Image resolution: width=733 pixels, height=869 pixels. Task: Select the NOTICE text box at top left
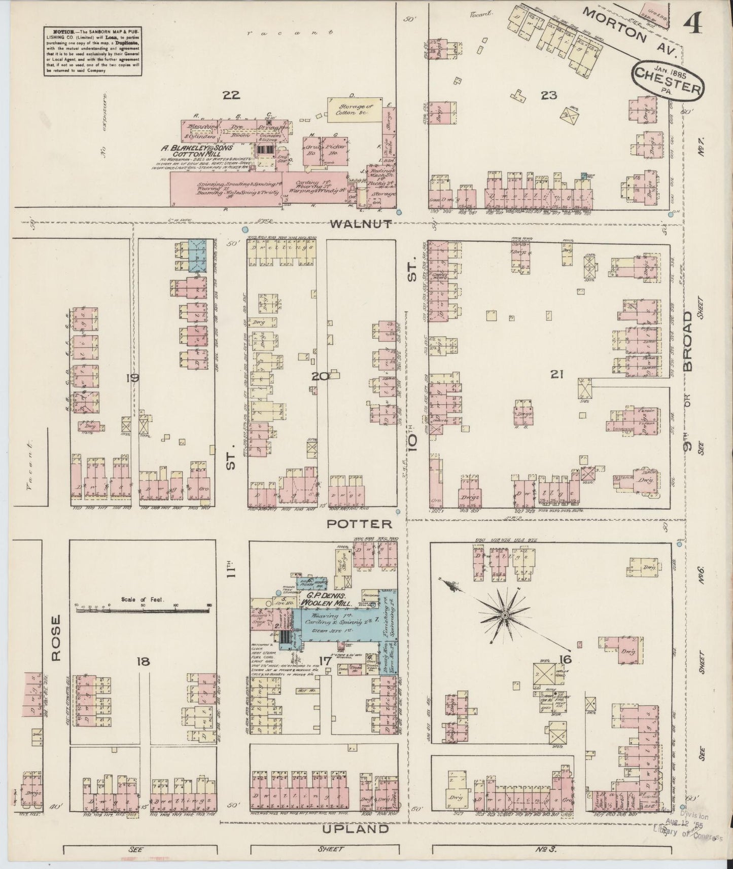coord(92,49)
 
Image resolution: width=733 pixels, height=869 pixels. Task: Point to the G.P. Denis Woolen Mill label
coord(324,599)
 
